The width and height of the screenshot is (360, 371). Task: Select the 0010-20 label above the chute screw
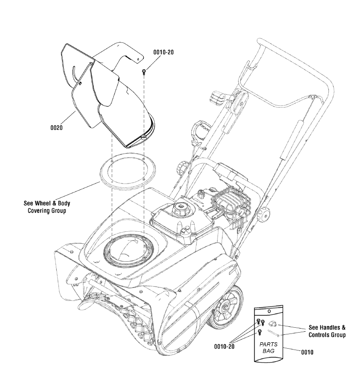pos(163,52)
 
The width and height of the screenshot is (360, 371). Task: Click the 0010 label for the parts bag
pos(307,352)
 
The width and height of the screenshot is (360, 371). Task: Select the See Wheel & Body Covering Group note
pos(47,207)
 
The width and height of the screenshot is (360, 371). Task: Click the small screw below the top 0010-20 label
pos(144,71)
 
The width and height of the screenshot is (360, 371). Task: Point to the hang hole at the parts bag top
pos(268,311)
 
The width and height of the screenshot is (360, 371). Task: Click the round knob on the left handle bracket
pos(182,168)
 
